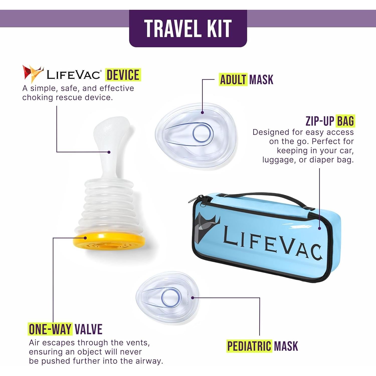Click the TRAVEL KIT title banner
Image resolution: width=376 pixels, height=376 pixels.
point(188,28)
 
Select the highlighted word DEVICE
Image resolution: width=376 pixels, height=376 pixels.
point(123,75)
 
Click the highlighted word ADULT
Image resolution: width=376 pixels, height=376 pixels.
point(233,80)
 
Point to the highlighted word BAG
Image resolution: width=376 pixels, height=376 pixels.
point(345,121)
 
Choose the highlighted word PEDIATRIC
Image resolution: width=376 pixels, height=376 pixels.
point(249,346)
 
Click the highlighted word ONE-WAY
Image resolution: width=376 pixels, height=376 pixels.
point(50,329)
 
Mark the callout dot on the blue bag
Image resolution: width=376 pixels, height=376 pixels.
point(319,228)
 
